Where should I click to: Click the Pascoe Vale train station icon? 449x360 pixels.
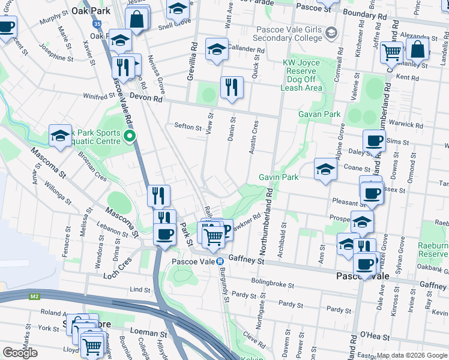pos(220,261)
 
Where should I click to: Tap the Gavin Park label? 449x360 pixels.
pos(279,177)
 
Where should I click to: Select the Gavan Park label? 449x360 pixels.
pos(319,114)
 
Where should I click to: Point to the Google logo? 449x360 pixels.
pos(20,353)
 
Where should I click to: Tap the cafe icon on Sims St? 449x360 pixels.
pos(375,140)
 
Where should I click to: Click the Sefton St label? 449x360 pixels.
pos(187,127)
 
